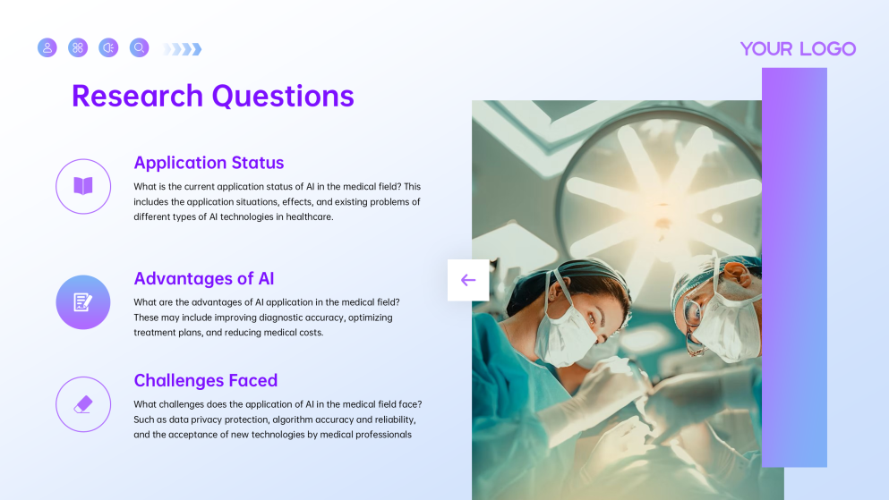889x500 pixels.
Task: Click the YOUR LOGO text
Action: coord(798,49)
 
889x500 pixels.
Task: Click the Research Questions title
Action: coord(212,96)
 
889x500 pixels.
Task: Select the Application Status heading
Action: coord(209,163)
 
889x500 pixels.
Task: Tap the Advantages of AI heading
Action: coord(203,278)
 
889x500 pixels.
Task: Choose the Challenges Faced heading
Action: coord(205,380)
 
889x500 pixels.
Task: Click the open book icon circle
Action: coord(83,186)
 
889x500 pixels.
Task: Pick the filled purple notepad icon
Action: coord(83,302)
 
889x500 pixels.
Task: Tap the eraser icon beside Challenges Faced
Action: coord(83,404)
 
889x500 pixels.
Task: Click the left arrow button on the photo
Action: coord(468,280)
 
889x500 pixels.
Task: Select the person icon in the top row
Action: coord(47,47)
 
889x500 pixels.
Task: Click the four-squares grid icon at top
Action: coord(78,47)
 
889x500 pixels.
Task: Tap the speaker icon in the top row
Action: coord(108,47)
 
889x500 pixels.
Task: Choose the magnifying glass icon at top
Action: coord(139,47)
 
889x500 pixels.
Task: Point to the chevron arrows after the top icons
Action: coord(184,49)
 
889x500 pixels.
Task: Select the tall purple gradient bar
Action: coord(794,268)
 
